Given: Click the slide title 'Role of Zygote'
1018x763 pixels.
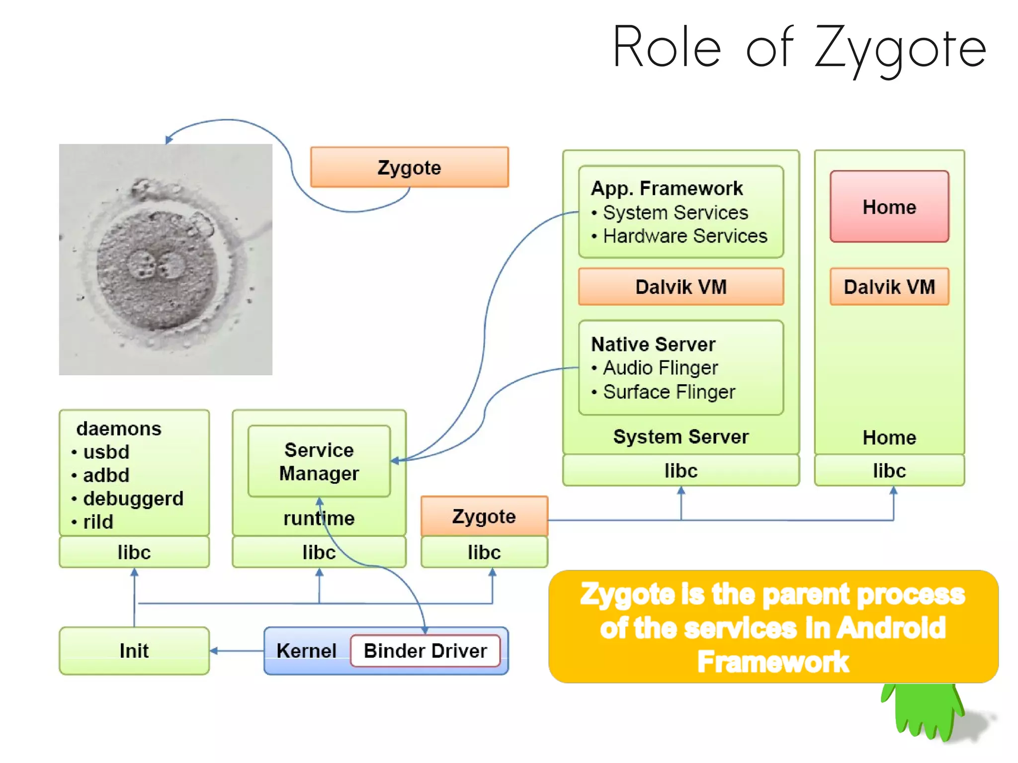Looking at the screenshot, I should [799, 48].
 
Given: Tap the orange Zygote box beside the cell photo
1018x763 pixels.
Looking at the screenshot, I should [409, 168].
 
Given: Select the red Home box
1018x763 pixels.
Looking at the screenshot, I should [889, 207].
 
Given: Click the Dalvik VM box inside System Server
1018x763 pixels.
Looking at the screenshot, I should [680, 287].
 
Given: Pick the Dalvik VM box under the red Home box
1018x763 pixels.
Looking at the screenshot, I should [889, 287].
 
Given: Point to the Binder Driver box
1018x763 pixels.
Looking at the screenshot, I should [425, 651].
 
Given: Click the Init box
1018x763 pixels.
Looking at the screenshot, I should [134, 651].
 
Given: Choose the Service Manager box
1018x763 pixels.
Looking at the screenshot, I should [319, 461].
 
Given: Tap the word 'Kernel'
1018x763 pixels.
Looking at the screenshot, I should [306, 651].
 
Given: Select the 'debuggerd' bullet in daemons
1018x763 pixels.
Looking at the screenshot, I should [133, 499].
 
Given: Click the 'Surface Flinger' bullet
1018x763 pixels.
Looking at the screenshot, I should [669, 392].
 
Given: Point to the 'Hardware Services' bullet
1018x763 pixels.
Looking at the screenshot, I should [684, 236].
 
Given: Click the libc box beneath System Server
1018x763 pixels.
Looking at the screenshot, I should [680, 470].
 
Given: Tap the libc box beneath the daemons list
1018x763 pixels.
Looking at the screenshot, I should [134, 552].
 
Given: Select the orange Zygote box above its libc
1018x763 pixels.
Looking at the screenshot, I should [484, 516].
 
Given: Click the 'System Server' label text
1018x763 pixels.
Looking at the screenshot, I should [680, 437].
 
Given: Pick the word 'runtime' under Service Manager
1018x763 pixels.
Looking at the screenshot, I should [319, 518].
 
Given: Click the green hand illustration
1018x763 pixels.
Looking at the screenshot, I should [925, 711].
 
